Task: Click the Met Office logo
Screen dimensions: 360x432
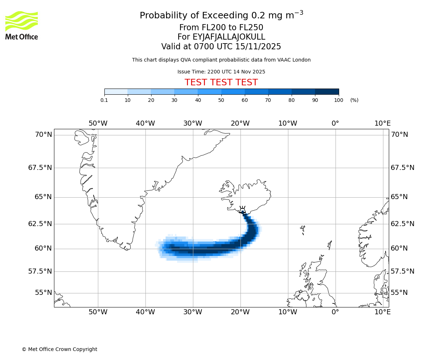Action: point(22,25)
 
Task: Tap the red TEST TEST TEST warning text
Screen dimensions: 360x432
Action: point(221,82)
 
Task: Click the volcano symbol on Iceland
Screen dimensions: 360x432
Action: point(243,210)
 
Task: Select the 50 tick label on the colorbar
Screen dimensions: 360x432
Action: point(221,100)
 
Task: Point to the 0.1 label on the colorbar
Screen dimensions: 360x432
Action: point(104,100)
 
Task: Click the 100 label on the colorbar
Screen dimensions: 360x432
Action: point(338,100)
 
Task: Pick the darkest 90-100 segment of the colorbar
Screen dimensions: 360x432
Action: point(327,92)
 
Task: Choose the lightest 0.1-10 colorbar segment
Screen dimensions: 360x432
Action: point(116,92)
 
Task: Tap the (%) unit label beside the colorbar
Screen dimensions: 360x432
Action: point(354,100)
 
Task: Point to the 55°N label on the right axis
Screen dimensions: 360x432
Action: point(399,293)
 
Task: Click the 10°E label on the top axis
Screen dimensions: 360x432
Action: point(382,123)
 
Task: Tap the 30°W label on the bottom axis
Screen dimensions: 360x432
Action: point(193,312)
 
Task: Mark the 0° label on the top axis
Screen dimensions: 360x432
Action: point(335,123)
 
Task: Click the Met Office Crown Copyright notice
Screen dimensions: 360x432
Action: point(59,349)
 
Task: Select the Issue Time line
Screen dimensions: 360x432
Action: point(221,72)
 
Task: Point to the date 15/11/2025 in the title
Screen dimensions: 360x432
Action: point(258,47)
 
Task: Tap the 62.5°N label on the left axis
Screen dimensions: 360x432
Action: point(40,224)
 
